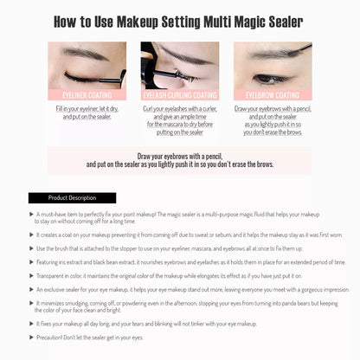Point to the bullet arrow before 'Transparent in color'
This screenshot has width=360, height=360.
tap(32, 275)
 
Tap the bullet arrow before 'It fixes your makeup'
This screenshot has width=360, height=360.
tap(32, 324)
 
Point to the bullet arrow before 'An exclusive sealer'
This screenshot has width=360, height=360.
tap(32, 290)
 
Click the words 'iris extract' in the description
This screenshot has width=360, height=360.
tap(75, 262)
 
